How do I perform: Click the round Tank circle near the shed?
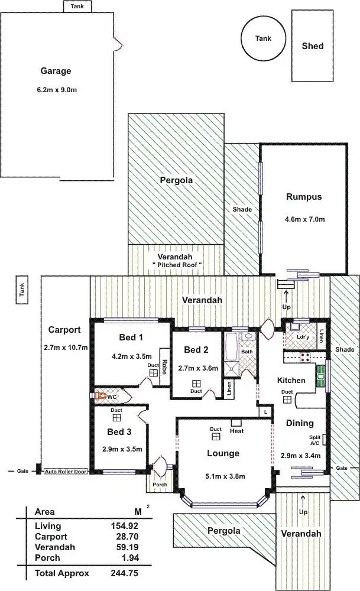pyautogui.click(x=263, y=38)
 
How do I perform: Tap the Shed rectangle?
pyautogui.click(x=312, y=46)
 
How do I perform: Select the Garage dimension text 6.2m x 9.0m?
pyautogui.click(x=56, y=90)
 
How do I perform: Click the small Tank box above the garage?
pyautogui.click(x=77, y=6)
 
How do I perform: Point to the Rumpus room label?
pyautogui.click(x=303, y=197)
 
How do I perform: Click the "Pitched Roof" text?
pyautogui.click(x=177, y=265)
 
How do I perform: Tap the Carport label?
pyautogui.click(x=64, y=330)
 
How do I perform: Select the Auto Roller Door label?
pyautogui.click(x=67, y=472)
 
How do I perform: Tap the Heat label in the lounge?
pyautogui.click(x=236, y=431)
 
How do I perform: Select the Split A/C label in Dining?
pyautogui.click(x=315, y=441)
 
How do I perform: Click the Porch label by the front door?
pyautogui.click(x=159, y=485)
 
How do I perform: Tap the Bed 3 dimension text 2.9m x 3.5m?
pyautogui.click(x=122, y=449)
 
